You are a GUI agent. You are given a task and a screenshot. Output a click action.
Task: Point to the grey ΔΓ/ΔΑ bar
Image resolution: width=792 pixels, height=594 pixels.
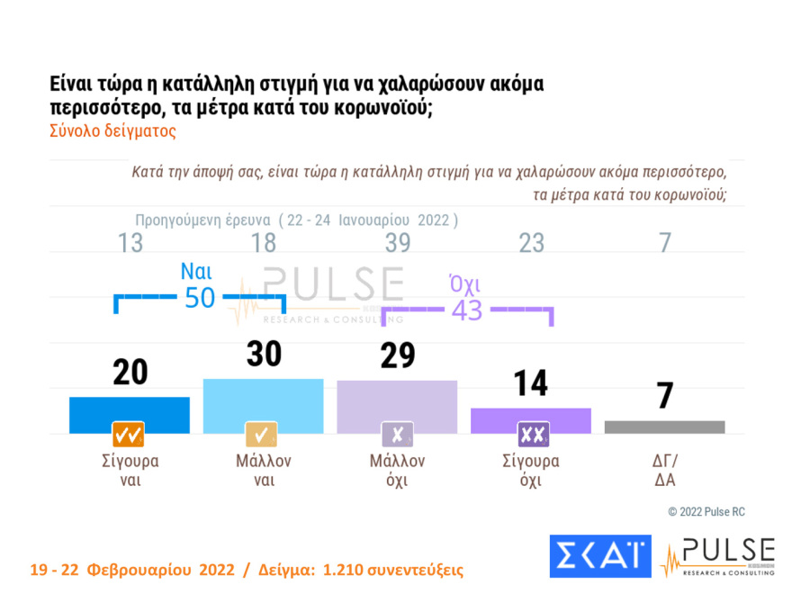point(664,427)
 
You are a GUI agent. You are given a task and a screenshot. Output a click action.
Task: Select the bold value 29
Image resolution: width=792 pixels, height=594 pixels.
point(397,356)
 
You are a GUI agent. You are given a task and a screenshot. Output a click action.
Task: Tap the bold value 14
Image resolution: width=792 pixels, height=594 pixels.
point(531,383)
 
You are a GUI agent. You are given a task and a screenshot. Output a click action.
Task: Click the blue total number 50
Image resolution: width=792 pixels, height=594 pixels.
point(200,298)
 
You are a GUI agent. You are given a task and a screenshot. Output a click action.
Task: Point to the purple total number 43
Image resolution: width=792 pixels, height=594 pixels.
point(467,310)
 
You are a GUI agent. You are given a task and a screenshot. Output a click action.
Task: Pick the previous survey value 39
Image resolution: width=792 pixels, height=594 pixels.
point(397,243)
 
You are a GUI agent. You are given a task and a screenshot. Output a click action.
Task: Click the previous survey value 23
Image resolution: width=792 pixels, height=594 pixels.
point(531,243)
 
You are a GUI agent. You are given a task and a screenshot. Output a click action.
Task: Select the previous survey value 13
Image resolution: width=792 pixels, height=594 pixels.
point(130,243)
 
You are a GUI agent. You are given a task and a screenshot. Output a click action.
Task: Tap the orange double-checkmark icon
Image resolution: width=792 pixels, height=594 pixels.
point(129,435)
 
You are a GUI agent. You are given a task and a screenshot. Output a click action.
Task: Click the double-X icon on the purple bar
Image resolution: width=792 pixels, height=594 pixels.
point(532,435)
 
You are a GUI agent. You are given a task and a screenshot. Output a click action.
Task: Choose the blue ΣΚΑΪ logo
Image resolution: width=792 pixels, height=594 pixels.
point(599,556)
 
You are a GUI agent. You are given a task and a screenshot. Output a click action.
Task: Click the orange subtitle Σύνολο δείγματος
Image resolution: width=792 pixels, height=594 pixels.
point(112,130)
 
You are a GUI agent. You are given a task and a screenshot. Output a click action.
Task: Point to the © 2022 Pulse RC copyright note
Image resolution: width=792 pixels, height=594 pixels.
point(706,512)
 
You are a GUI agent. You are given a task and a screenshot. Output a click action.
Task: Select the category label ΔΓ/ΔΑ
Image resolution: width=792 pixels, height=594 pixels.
point(664,470)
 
